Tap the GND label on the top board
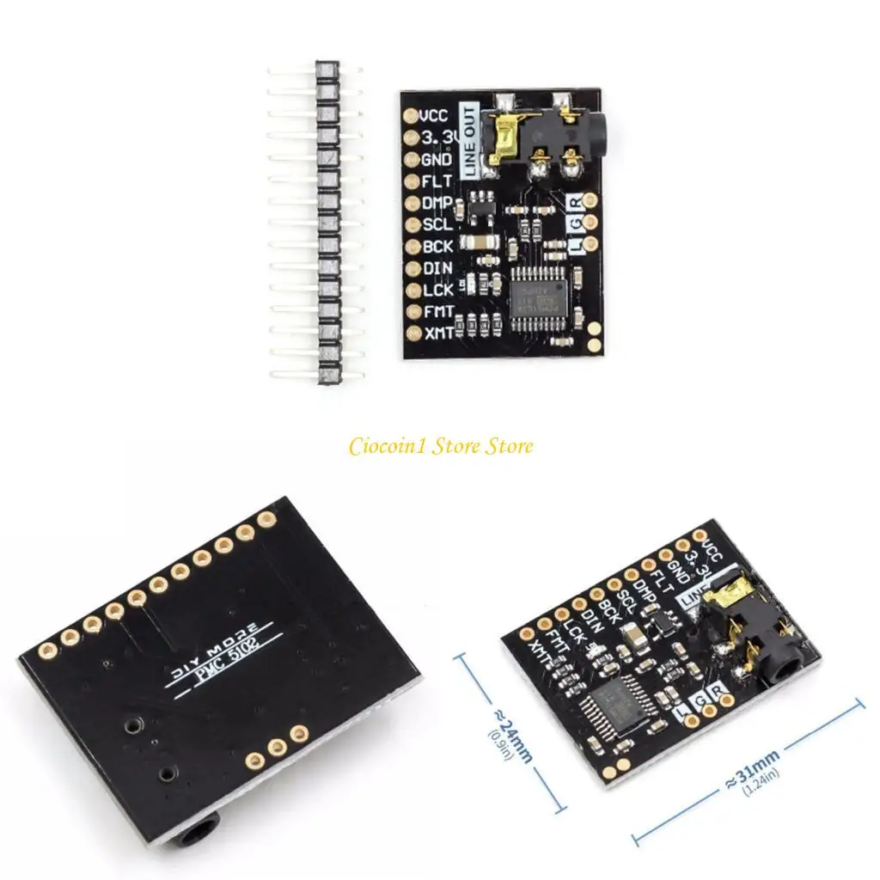(437, 160)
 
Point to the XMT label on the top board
(437, 333)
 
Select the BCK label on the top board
(437, 247)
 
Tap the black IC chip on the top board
(536, 293)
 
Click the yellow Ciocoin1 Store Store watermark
(440, 446)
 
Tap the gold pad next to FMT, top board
(410, 311)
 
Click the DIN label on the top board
(437, 268)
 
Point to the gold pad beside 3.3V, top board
(410, 137)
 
